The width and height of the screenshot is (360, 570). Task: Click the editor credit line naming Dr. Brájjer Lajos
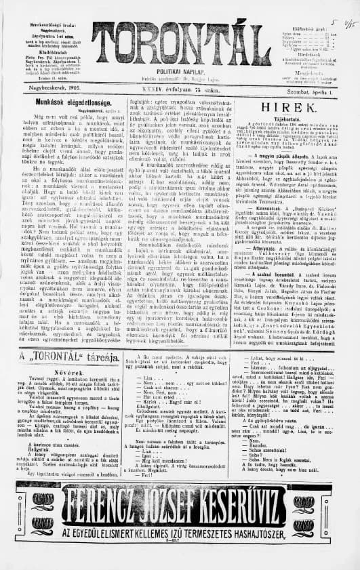180,79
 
